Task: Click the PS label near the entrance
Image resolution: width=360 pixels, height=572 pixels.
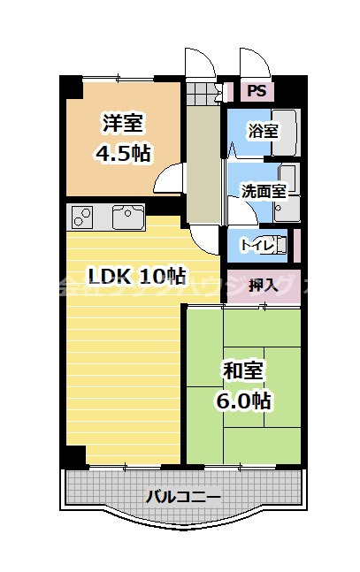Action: pos(256,89)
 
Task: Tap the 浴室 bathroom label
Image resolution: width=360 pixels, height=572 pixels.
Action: pos(263,132)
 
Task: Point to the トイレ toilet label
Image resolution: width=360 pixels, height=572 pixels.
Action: pos(257,241)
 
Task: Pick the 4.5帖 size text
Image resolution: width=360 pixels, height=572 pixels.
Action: pos(123,152)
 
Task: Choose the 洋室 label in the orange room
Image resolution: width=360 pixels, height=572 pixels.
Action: pos(123,124)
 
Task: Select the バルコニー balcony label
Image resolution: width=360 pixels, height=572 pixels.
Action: pos(182,496)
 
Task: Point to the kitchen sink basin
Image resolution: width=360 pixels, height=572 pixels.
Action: pos(128,215)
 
